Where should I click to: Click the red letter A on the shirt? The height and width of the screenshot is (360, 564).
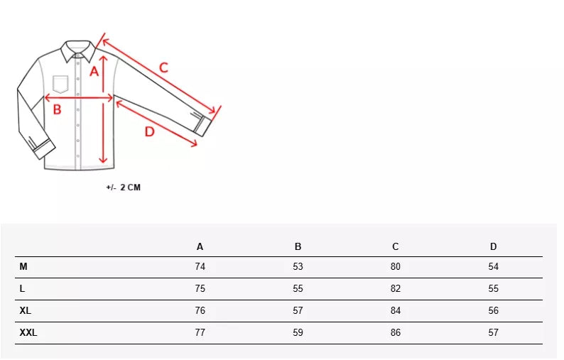94,71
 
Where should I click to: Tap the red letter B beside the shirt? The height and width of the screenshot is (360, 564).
58,109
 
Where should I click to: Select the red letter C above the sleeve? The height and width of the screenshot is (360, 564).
163,67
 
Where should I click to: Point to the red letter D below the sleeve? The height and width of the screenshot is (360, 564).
150,131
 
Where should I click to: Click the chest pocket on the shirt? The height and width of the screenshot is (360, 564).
60,84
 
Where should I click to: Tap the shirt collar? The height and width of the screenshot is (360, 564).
78,51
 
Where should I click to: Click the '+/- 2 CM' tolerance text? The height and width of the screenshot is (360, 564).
124,187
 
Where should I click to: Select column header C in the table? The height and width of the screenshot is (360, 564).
396,246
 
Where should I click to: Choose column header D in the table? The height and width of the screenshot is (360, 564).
493,246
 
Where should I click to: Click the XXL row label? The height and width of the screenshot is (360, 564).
28,333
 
